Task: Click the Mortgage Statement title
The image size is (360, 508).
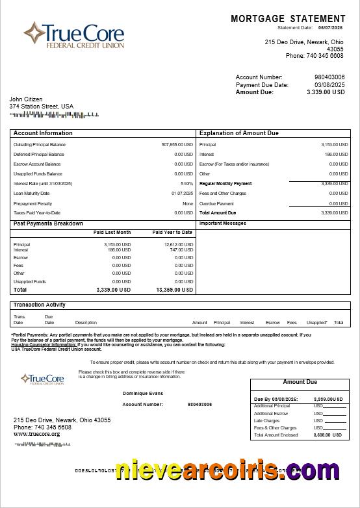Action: click(288, 19)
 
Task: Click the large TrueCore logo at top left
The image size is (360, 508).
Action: click(73, 35)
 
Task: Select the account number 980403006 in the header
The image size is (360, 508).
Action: click(329, 77)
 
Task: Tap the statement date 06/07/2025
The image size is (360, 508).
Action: click(330, 28)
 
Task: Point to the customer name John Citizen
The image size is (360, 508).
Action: click(26, 99)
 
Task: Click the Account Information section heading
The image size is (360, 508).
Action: click(43, 133)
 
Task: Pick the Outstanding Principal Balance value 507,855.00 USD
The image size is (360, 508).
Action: click(177, 144)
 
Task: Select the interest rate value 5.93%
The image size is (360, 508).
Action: click(186, 184)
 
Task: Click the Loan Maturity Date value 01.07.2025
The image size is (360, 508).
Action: click(182, 194)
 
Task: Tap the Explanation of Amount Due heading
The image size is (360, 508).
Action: click(238, 133)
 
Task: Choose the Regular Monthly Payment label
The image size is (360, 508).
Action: click(225, 184)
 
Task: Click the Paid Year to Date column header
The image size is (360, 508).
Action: click(172, 232)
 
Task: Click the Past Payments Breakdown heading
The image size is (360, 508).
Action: click(48, 223)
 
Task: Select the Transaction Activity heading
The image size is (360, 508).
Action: click(40, 305)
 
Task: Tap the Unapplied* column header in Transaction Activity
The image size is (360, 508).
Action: click(316, 323)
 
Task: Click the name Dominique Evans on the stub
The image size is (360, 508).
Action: click(143, 393)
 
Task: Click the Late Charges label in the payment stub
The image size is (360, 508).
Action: click(266, 421)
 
